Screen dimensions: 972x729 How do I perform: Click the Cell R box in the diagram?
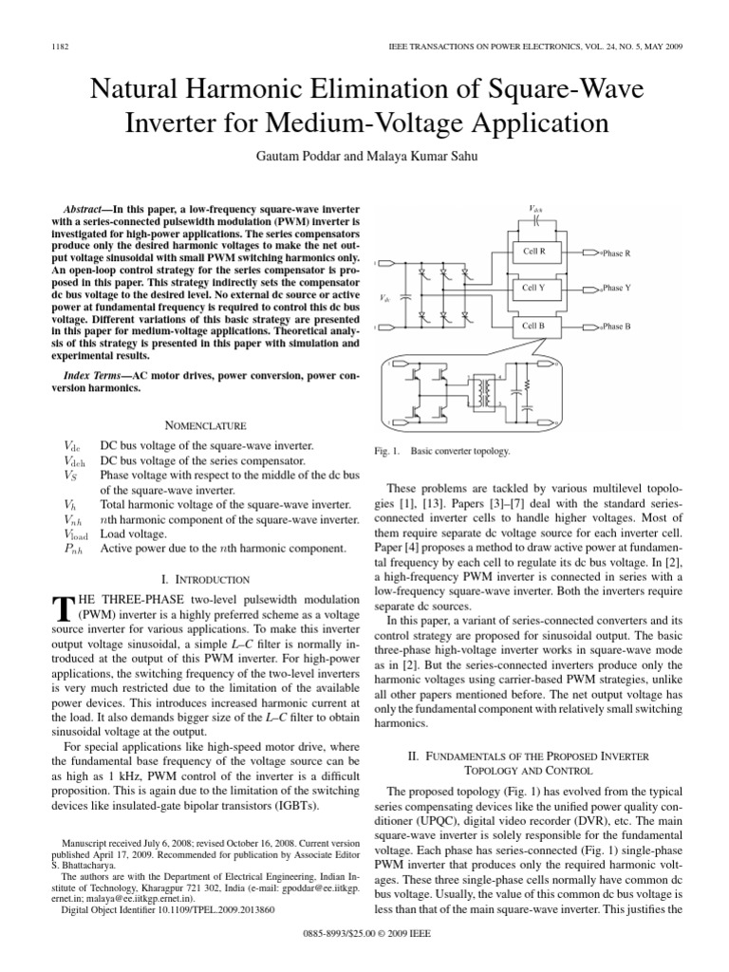pyautogui.click(x=534, y=252)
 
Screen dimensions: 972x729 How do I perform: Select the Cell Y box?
pyautogui.click(x=534, y=288)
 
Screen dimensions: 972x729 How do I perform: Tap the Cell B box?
pyautogui.click(x=534, y=325)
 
